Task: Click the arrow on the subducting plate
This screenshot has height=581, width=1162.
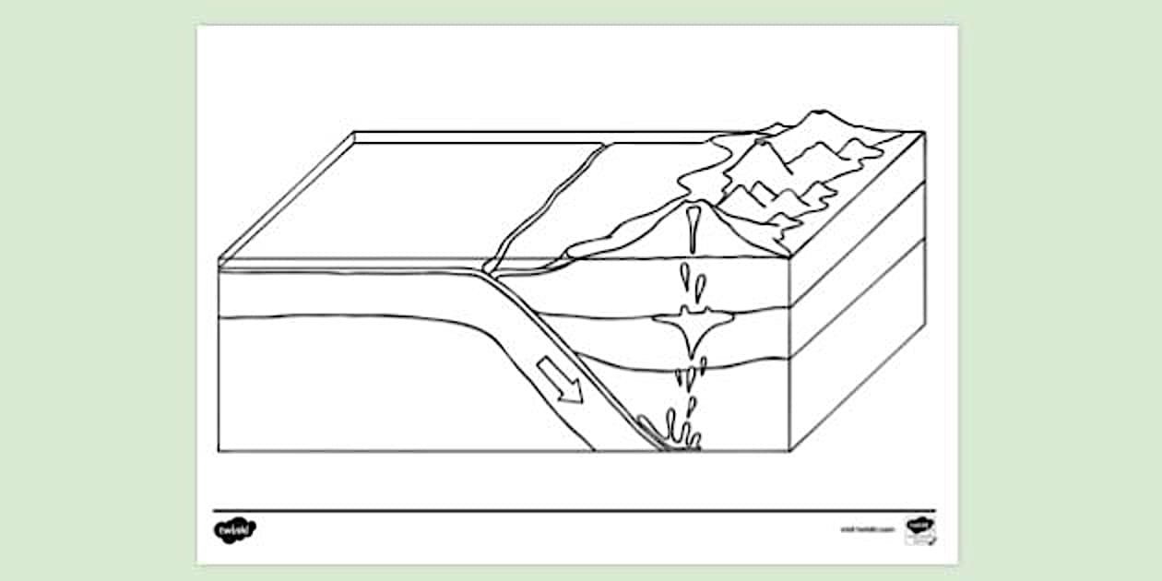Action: click(x=561, y=380)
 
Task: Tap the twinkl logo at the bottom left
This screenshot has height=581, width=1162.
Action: click(x=234, y=530)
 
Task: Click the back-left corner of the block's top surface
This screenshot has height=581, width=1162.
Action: click(x=356, y=132)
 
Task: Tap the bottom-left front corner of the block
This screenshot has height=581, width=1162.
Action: click(x=219, y=451)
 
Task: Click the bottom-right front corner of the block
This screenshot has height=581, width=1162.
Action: click(x=790, y=451)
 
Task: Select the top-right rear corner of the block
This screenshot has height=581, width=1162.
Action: click(x=924, y=132)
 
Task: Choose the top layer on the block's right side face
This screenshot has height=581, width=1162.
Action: click(x=858, y=217)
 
